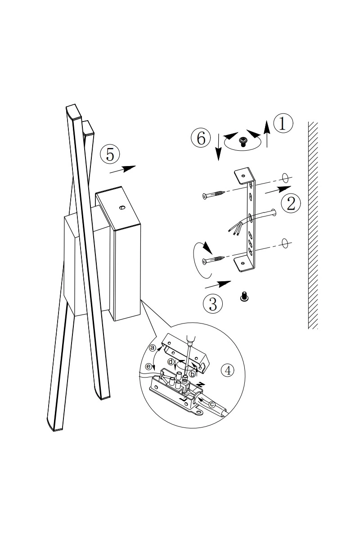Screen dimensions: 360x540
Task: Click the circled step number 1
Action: [x=283, y=123]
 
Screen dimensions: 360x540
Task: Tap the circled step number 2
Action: [x=291, y=203]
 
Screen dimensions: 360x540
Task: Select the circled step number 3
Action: [x=213, y=304]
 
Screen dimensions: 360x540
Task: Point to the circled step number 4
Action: [x=228, y=370]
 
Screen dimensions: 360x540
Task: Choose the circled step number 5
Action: [x=110, y=154]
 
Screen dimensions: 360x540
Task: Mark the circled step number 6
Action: [x=201, y=139]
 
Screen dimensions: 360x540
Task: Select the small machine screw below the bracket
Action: [x=244, y=296]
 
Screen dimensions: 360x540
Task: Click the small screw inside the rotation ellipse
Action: [x=243, y=141]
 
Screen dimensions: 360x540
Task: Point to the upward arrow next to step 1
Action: [x=267, y=134]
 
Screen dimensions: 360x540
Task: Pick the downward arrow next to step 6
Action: [x=218, y=146]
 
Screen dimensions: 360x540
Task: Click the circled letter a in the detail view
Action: [x=153, y=347]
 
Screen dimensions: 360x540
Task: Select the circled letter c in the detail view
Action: [x=211, y=404]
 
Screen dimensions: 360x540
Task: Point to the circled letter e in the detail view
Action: [x=148, y=367]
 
